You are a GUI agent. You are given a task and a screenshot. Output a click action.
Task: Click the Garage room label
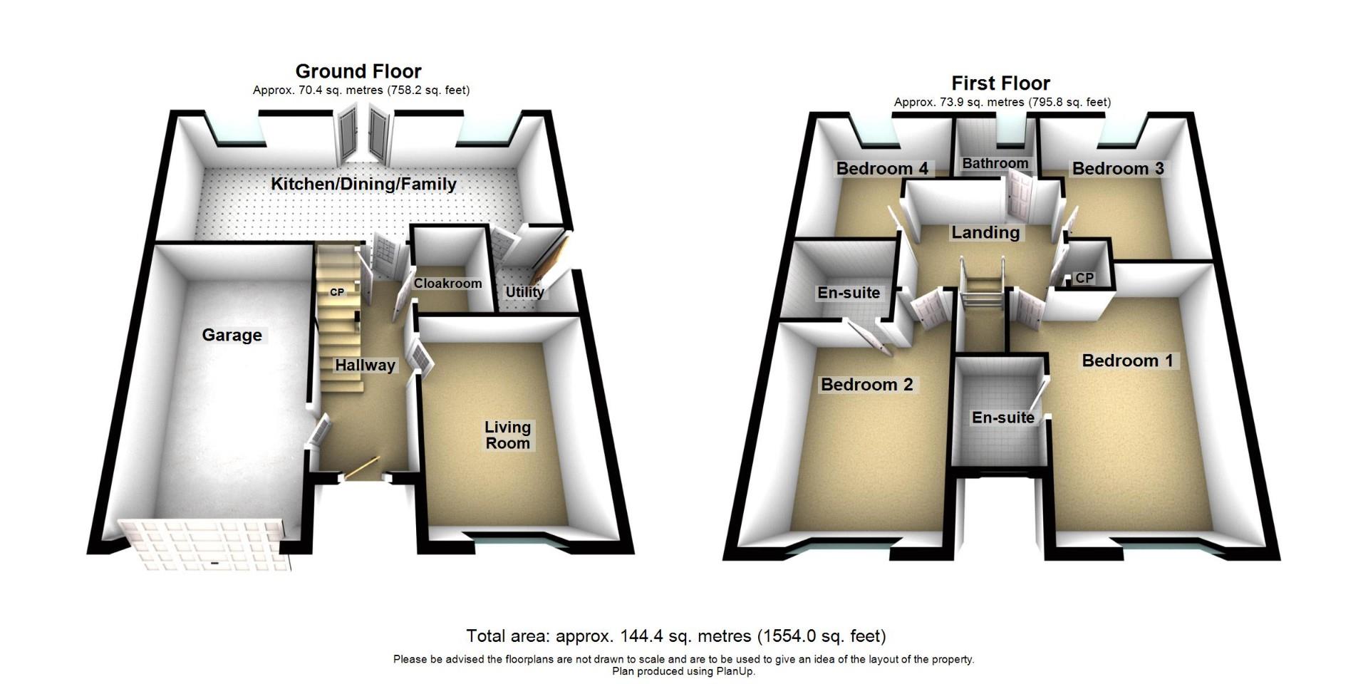(x=232, y=335)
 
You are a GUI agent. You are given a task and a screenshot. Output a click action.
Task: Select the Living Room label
(x=507, y=435)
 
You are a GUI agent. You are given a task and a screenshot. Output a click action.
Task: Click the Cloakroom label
(x=447, y=284)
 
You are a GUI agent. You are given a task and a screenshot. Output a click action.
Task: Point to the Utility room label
(x=524, y=291)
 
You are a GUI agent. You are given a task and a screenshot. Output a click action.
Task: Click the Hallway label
(x=365, y=366)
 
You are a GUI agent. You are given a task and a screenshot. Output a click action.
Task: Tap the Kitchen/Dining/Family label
(x=363, y=184)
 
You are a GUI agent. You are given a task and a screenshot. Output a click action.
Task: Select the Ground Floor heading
(x=358, y=71)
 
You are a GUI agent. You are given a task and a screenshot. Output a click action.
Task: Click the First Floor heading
(x=1000, y=83)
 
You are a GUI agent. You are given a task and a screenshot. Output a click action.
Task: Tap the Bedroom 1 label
(x=1126, y=361)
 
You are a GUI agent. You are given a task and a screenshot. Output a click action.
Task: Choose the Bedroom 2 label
(x=866, y=385)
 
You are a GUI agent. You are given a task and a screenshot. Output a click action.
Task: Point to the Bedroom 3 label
(x=1117, y=169)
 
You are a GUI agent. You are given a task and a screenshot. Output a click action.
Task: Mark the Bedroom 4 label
(x=881, y=169)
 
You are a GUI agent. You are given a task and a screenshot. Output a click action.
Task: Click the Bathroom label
(x=995, y=163)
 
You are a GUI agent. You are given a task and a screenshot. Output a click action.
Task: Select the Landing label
(x=985, y=232)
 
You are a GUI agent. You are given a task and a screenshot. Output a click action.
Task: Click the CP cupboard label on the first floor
(x=1084, y=278)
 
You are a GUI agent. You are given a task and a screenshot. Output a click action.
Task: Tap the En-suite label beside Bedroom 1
(x=1002, y=418)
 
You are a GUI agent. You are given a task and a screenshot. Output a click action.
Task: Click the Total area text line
(x=675, y=636)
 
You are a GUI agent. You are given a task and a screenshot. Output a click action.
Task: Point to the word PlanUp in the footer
(x=735, y=671)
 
